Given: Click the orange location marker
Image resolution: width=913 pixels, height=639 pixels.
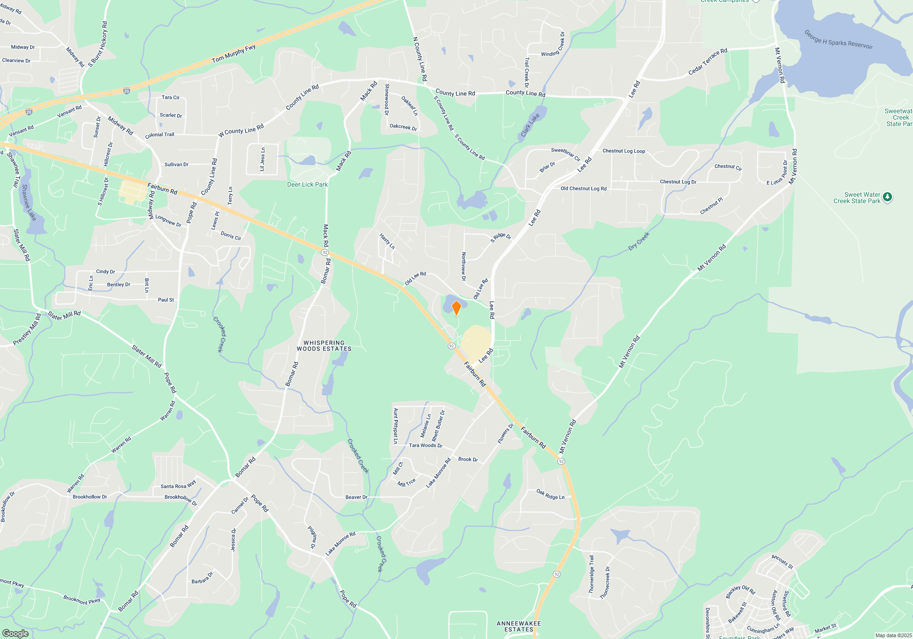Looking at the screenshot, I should [456, 308].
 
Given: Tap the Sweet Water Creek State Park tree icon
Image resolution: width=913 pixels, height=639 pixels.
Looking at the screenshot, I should [887, 197].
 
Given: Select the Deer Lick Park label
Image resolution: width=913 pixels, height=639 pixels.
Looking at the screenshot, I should [307, 184].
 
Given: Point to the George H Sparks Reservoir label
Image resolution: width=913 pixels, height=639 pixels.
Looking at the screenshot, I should [838, 40].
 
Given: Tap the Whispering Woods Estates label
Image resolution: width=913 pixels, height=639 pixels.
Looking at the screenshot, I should [324, 346].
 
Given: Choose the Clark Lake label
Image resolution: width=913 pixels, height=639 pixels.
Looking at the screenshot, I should [530, 125].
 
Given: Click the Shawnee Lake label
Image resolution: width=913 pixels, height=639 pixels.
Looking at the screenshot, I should [28, 202].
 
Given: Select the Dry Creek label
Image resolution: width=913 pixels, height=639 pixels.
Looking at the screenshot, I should [639, 241].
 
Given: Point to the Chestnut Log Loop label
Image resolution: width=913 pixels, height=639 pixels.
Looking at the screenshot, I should [624, 151].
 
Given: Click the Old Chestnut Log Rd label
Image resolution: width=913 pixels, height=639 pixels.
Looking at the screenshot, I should [583, 189].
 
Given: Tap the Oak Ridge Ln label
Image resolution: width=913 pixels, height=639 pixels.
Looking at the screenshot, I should [550, 494].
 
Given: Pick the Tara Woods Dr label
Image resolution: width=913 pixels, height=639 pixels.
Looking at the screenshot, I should [425, 445].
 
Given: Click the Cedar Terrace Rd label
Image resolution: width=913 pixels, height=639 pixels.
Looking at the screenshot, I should [708, 62].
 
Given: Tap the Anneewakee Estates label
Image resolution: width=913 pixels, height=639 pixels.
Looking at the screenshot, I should [519, 626].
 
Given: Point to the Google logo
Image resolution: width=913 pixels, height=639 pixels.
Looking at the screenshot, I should [15, 633].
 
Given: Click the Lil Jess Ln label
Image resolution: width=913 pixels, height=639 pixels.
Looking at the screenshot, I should [262, 159].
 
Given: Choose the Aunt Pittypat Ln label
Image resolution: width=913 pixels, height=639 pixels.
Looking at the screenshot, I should [396, 426].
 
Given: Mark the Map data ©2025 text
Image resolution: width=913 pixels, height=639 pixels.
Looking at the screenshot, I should [893, 635].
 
